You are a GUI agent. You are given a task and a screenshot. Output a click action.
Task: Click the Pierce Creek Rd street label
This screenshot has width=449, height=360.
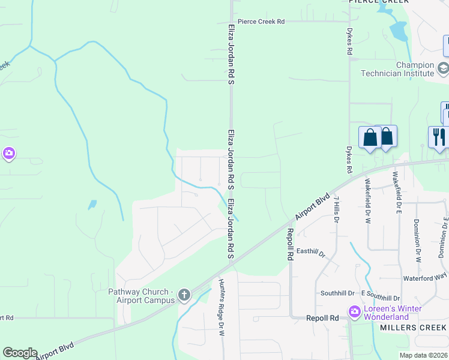261,22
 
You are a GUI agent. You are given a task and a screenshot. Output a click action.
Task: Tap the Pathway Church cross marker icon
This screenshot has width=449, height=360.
184,295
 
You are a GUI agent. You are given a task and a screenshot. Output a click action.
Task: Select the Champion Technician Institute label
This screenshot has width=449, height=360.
397,69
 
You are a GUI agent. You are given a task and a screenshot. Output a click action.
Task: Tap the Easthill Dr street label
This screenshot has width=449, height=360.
310,252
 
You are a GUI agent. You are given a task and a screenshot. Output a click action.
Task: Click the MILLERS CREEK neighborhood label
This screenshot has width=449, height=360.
413,328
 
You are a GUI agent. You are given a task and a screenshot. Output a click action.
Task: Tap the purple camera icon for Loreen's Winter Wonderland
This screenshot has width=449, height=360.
354,312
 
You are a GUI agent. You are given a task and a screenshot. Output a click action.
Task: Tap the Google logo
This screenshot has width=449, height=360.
20,353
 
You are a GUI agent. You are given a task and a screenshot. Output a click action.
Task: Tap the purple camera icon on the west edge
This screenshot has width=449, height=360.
8,154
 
